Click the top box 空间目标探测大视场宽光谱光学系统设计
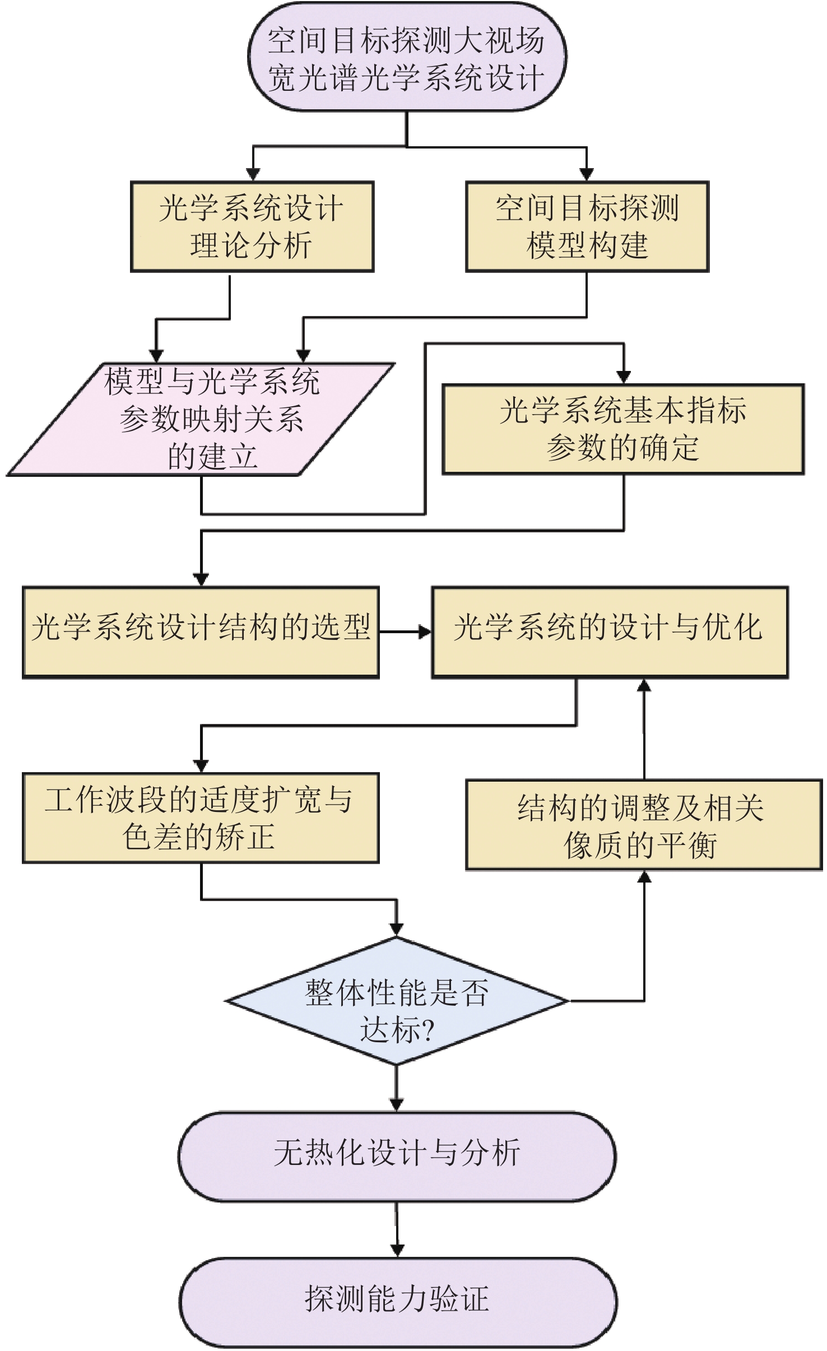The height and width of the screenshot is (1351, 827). click(407, 57)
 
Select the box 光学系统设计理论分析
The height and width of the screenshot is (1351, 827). click(252, 226)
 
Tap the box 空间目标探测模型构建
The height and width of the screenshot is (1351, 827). click(587, 226)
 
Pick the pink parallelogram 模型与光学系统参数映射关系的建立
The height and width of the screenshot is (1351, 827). click(201, 420)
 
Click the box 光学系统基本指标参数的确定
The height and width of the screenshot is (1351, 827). click(623, 429)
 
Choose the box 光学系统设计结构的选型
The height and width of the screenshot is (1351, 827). click(201, 633)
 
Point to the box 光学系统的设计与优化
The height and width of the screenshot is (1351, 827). click(610, 633)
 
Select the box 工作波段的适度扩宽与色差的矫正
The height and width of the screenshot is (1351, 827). click(201, 818)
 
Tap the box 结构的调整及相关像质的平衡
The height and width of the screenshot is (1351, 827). click(644, 825)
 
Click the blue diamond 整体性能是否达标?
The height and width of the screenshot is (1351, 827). click(397, 1001)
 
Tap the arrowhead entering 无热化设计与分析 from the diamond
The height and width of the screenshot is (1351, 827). click(397, 1105)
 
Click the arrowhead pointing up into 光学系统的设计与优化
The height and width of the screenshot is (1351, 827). click(644, 685)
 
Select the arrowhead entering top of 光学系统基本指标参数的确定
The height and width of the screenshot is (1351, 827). click(624, 377)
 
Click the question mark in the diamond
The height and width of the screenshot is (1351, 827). click(427, 1030)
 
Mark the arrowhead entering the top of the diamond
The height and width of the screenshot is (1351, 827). click(397, 930)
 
